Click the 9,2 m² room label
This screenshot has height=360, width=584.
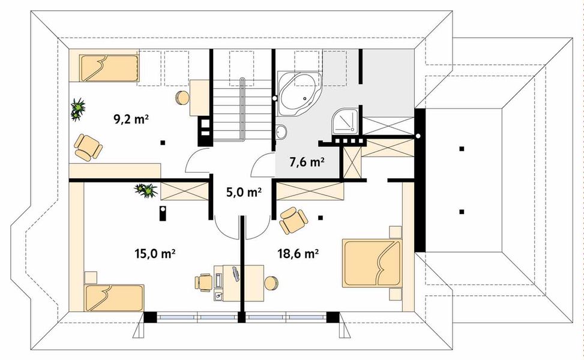click(131, 119)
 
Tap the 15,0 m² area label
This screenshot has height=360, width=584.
click(155, 254)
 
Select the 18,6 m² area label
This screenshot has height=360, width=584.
click(298, 254)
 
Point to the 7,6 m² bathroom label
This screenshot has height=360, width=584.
click(307, 162)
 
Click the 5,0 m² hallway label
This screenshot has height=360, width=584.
click(244, 192)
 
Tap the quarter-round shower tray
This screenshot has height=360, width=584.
click(346, 121)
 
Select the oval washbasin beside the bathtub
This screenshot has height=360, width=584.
click(282, 131)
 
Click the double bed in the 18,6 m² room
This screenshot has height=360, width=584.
click(373, 263)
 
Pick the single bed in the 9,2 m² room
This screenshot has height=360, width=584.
click(109, 68)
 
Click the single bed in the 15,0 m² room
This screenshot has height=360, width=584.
click(114, 298)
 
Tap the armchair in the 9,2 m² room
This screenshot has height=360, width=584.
click(88, 148)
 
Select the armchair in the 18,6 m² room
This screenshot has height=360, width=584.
click(294, 220)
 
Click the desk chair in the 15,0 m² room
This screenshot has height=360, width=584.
click(203, 282)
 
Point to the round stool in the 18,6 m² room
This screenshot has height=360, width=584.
click(271, 283)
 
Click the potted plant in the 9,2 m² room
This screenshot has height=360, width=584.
click(78, 109)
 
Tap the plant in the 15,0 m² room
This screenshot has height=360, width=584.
click(146, 190)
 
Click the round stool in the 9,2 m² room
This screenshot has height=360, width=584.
click(181, 98)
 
